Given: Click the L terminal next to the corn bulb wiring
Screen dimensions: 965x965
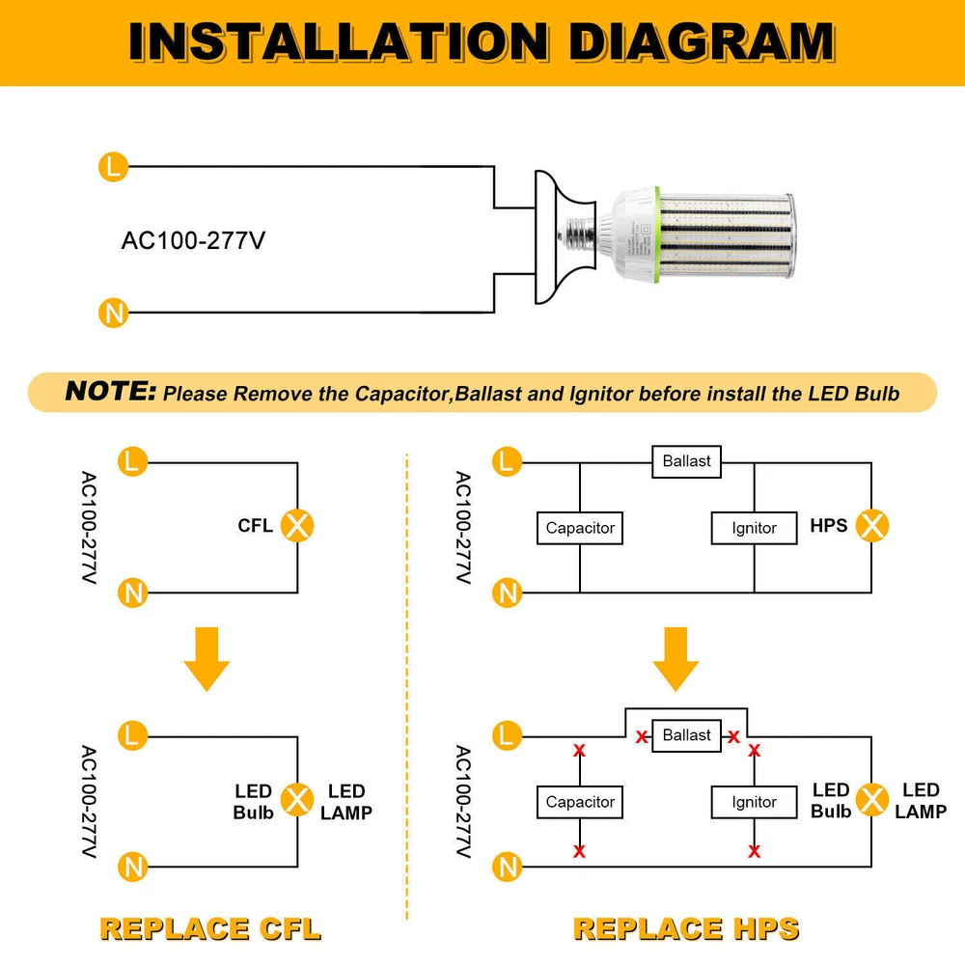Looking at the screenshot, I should (x=113, y=167).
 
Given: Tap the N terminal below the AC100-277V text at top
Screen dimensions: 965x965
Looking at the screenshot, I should (x=113, y=313).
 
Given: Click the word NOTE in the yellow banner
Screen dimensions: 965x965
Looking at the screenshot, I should (x=110, y=392).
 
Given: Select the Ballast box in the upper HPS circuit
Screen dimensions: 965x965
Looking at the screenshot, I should (x=686, y=461).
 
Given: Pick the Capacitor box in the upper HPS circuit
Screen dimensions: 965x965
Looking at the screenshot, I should (x=580, y=528).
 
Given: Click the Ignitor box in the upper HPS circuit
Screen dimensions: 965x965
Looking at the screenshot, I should (x=754, y=528).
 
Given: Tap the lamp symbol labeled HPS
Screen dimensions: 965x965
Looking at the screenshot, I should (x=872, y=526).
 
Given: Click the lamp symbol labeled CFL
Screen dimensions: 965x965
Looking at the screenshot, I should (x=297, y=526).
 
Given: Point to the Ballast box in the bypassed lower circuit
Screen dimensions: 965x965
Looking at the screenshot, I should (x=686, y=735).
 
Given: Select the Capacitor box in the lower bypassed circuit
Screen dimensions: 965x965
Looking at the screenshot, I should (x=580, y=802).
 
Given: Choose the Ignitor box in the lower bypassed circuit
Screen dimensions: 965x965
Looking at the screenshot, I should (x=754, y=802).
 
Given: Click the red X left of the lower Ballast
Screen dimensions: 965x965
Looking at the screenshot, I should (x=642, y=737).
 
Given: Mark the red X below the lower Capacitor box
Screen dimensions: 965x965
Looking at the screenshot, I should (x=580, y=850).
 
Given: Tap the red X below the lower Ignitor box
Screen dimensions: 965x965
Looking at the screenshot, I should (x=754, y=850).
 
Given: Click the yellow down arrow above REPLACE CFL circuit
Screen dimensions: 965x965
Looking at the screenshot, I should (x=207, y=658).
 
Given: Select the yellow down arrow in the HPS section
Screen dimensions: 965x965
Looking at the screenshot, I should (x=675, y=658).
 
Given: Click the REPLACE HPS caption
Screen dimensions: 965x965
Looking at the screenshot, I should (x=686, y=928).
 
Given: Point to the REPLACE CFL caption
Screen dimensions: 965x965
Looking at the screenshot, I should (x=209, y=928).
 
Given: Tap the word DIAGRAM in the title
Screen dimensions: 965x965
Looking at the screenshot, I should (x=702, y=42).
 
